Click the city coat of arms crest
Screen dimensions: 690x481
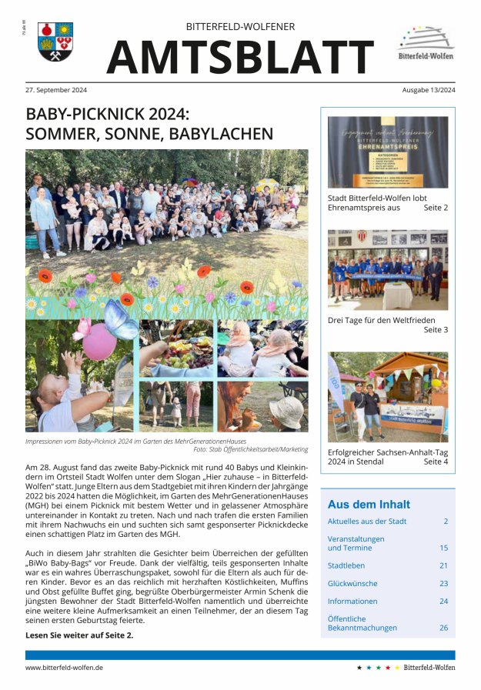pos(55,42)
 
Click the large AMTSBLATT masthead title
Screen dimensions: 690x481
pos(240,57)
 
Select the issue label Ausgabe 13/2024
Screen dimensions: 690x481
pos(428,90)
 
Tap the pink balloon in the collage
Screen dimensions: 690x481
pos(99,342)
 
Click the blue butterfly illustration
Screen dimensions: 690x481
pos(121,318)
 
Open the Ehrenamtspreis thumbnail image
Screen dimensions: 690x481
pos(387,152)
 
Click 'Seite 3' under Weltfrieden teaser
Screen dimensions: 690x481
pos(436,330)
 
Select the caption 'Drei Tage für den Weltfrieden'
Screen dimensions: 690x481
pos(381,319)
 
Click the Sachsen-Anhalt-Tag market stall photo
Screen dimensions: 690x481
pos(387,397)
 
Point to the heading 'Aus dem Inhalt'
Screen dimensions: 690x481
pos(369,505)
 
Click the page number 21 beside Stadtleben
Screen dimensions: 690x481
pos(443,565)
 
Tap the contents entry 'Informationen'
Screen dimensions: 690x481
pos(352,601)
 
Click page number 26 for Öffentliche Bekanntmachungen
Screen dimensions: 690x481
pos(443,628)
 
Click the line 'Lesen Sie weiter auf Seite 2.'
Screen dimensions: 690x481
pos(79,635)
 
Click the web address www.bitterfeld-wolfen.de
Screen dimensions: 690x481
pos(64,668)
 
